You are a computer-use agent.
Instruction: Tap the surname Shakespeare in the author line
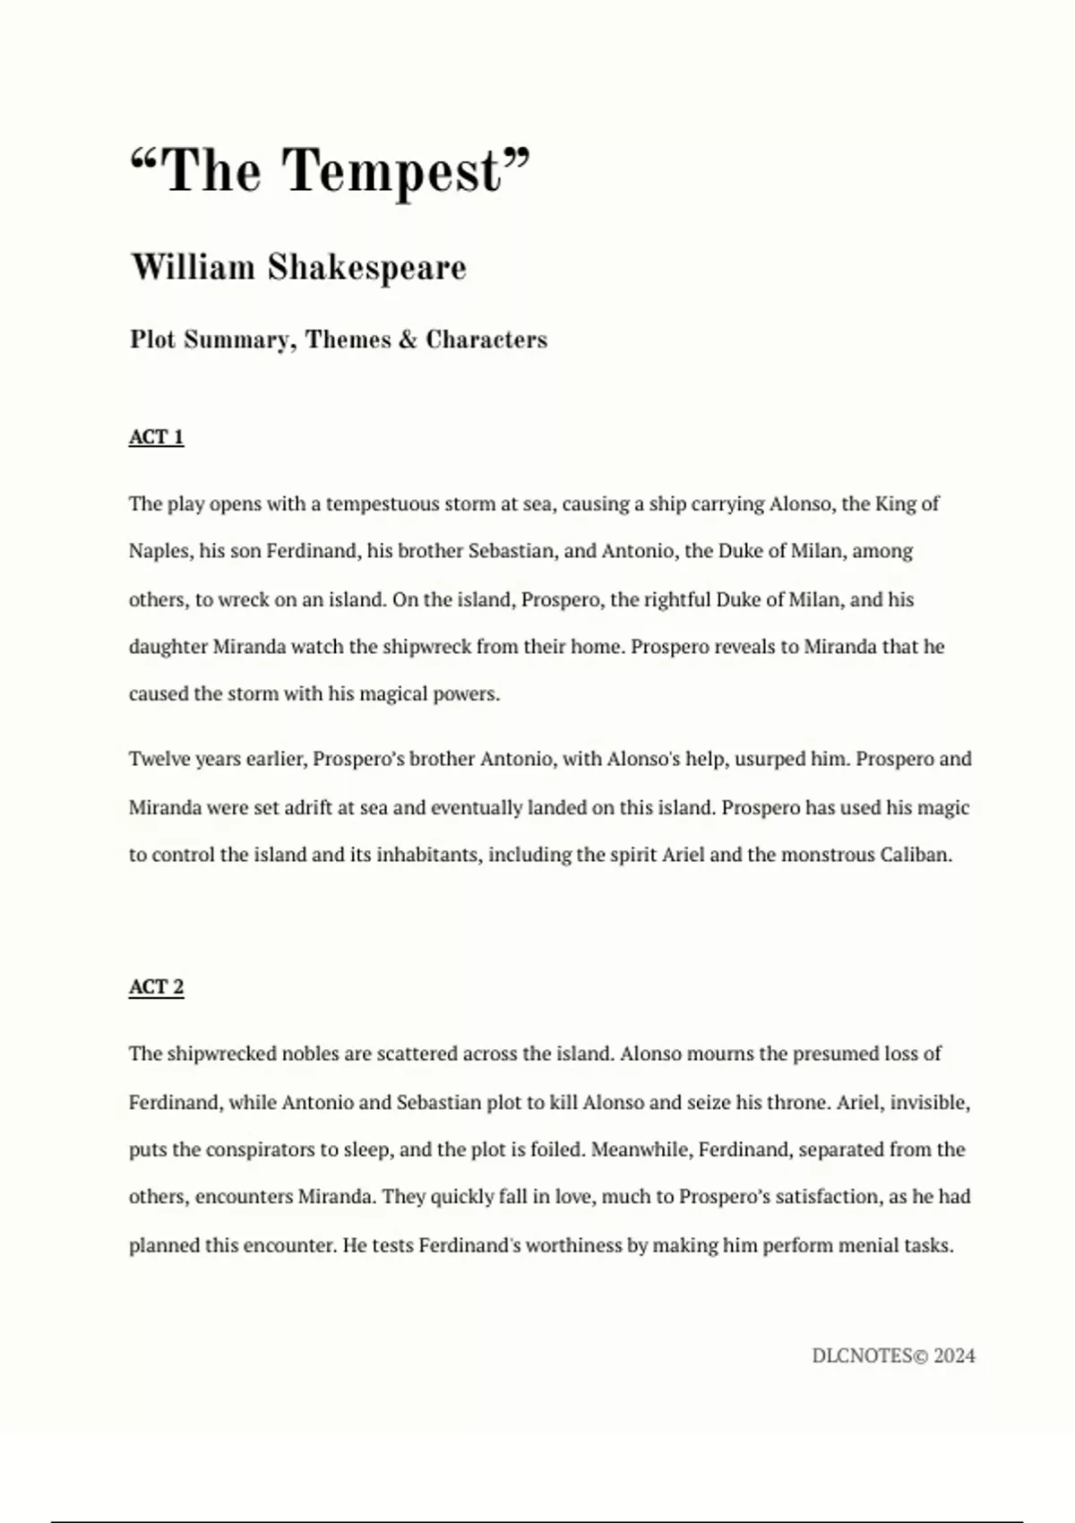pos(366,268)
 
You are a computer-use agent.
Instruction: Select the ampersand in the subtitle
pos(408,340)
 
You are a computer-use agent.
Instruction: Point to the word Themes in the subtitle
pos(348,340)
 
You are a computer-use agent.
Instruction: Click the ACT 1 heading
pos(156,437)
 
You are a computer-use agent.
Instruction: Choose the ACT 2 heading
pos(156,987)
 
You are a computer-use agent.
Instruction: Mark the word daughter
pos(168,647)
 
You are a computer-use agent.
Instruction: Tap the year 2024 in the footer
pos(954,1356)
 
